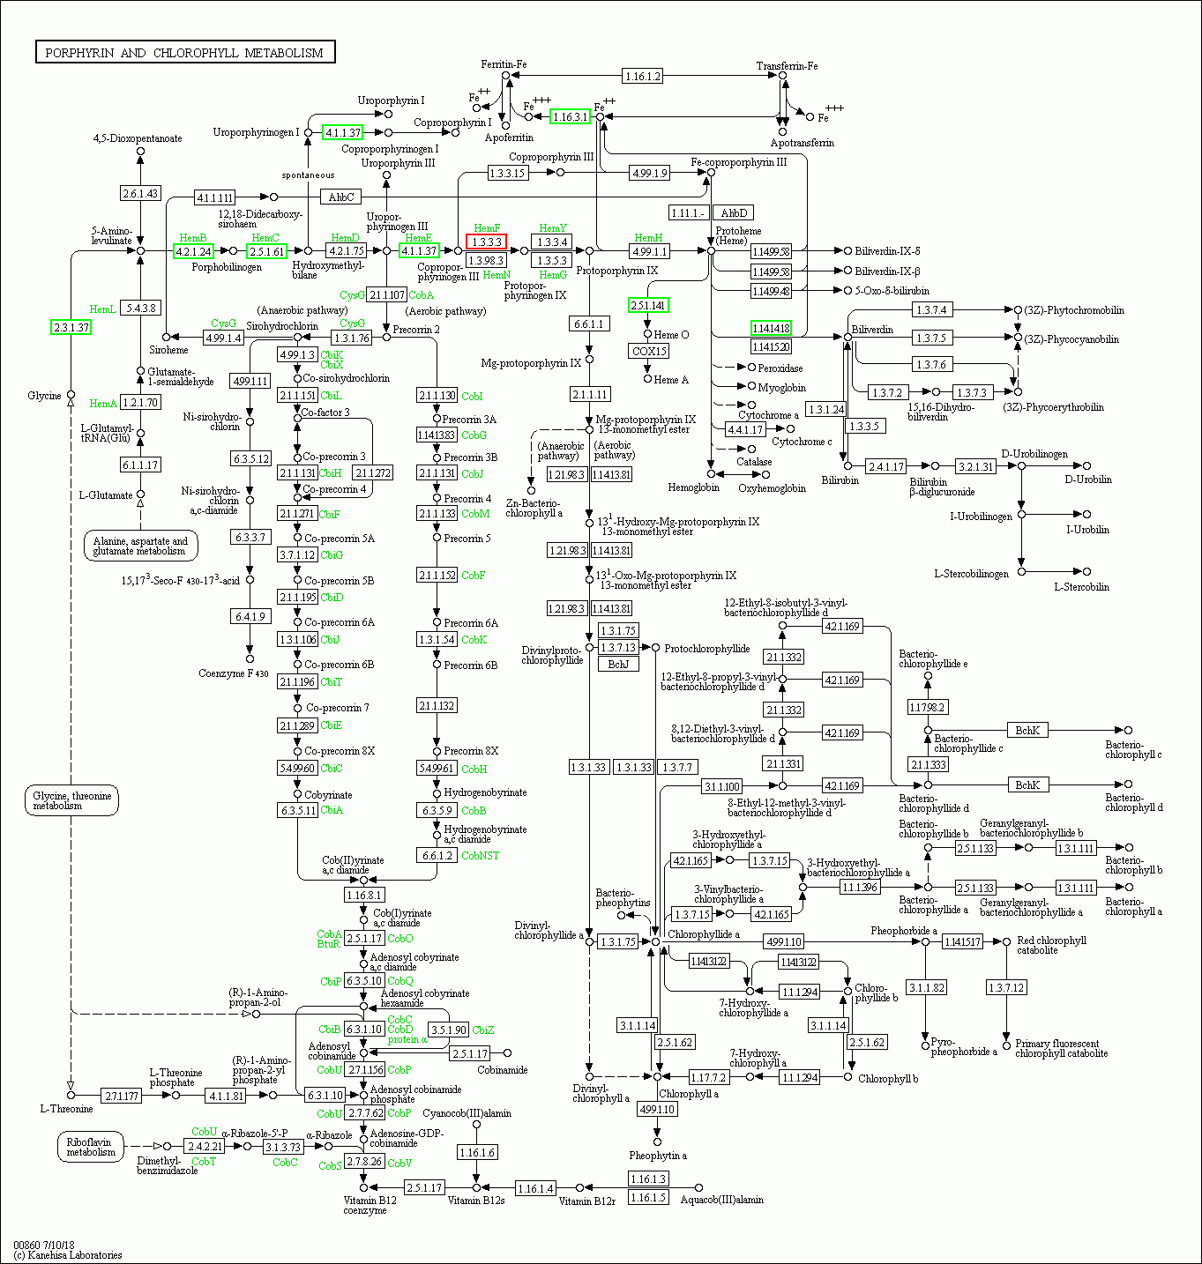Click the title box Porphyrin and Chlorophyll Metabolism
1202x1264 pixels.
(184, 53)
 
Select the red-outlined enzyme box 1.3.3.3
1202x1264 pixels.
(486, 242)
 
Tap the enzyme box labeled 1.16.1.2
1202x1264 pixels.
(642, 76)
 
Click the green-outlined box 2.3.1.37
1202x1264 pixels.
(71, 327)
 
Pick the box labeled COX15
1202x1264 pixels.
(649, 351)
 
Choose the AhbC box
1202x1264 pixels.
(340, 197)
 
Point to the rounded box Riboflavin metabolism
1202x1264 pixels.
(91, 1147)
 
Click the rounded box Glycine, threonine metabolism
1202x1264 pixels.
(71, 800)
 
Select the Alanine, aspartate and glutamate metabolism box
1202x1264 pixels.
(140, 546)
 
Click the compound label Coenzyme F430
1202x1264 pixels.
(233, 673)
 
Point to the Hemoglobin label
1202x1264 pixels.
(693, 487)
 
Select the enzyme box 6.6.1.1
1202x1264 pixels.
(588, 323)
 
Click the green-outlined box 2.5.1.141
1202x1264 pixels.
(648, 305)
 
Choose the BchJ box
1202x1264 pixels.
(618, 664)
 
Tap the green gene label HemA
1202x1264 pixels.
(102, 404)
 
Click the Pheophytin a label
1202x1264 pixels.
(658, 1155)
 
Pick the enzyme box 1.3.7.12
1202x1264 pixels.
(1006, 987)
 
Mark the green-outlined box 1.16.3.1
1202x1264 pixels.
(570, 116)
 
